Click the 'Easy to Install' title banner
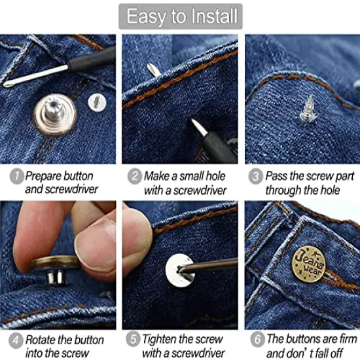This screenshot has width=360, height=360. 180,17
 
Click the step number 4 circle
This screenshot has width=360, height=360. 16,340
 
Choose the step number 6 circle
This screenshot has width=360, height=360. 256,340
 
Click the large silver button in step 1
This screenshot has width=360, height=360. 55,113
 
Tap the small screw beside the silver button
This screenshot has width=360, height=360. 97,101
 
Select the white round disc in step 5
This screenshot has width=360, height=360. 180,268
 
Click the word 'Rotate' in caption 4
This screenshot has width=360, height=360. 42,340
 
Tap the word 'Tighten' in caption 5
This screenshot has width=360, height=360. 162,340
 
